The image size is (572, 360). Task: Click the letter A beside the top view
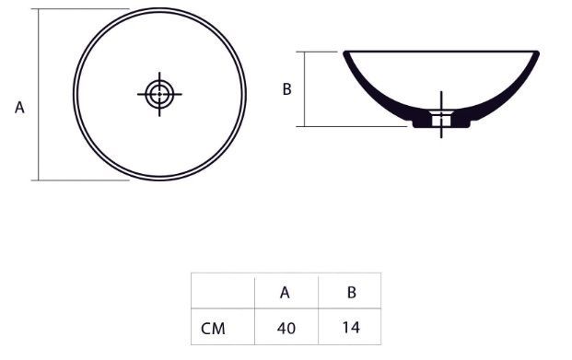coord(19,108)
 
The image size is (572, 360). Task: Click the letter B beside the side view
coord(287,89)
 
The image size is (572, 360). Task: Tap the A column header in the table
coord(285,293)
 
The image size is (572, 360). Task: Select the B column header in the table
coord(351,292)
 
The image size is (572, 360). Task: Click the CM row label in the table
coord(213,329)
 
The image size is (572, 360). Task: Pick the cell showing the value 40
coord(286,328)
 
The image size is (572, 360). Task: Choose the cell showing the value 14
coord(351,327)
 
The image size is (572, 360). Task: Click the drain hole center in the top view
coord(159,94)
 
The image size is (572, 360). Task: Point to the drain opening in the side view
coord(441,120)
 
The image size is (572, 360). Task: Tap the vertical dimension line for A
coord(39,95)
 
